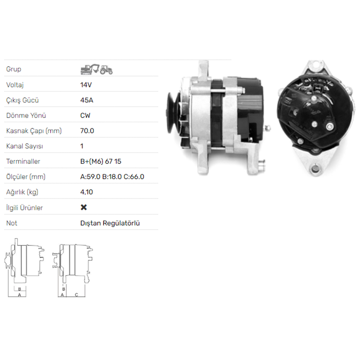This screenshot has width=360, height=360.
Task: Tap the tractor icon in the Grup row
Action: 106,69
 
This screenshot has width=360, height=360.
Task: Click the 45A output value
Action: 86,100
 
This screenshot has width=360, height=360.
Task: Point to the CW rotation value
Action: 85,116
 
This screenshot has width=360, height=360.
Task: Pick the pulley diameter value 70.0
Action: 87,131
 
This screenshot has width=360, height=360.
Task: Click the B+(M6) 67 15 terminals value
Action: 101,161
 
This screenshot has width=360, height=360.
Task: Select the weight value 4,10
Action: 86,192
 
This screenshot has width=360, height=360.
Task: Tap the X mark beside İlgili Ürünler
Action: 84,207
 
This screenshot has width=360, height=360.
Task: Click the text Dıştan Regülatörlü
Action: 110,223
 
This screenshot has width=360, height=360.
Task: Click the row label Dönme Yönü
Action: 26,116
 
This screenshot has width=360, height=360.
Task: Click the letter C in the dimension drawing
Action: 76,295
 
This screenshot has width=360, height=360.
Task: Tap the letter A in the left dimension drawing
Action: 19,295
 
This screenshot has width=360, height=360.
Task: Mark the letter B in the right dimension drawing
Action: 63,289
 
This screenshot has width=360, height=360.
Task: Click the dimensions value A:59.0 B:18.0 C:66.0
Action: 112,177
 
